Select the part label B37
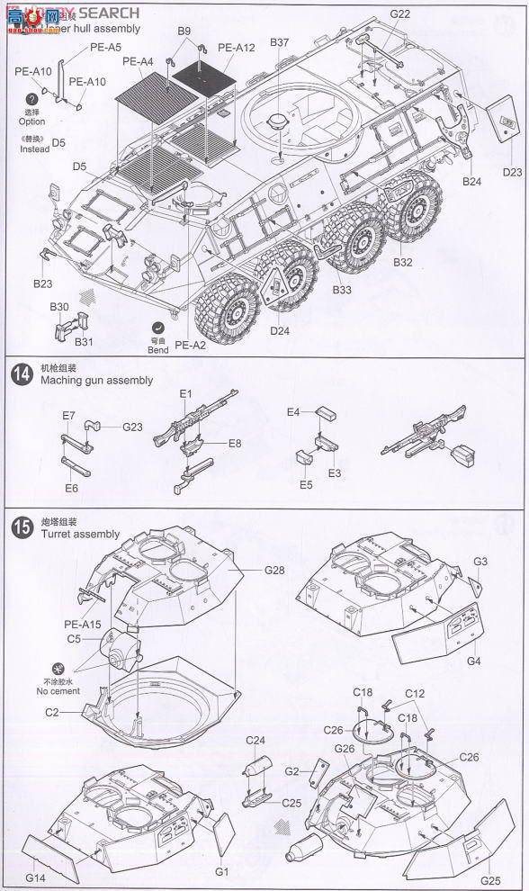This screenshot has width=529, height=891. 279,42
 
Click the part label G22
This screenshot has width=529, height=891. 400,13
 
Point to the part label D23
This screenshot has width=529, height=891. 512,172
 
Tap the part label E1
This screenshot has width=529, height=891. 186,394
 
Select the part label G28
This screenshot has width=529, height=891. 274,571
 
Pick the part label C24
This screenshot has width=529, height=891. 256,740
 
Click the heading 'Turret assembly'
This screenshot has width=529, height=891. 80,535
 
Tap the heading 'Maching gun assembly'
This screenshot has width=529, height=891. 97,381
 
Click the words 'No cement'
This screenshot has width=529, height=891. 59,691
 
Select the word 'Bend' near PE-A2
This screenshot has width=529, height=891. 158,350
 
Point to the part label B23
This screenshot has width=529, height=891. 43,283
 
